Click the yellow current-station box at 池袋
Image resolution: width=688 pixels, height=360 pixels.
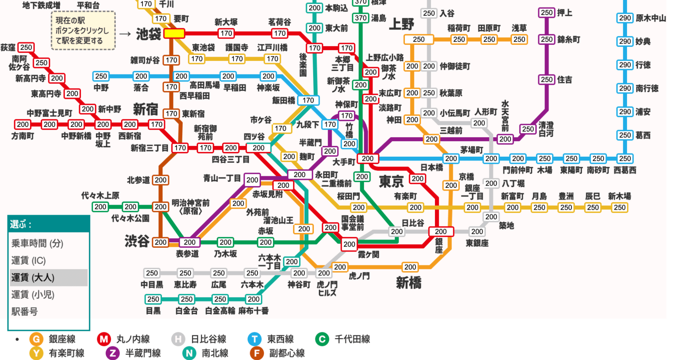[x=174, y=34]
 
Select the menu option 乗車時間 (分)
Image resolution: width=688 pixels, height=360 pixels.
[x=37, y=243]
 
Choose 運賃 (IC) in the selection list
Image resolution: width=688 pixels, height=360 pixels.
[x=29, y=260]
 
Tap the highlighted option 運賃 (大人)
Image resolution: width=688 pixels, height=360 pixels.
[x=33, y=278]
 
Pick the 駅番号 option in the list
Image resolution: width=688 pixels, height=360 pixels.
[x=24, y=312]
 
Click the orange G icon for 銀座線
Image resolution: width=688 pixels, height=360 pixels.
[x=36, y=339]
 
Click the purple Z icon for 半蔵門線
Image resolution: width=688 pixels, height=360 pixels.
[x=113, y=353]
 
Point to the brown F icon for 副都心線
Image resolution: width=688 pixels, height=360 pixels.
[x=257, y=353]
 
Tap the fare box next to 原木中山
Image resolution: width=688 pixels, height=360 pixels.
[x=625, y=18]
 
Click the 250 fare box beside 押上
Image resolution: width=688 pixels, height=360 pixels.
[x=546, y=13]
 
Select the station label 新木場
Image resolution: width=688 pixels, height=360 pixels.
[x=619, y=196]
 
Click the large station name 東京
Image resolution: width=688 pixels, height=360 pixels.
[x=391, y=182]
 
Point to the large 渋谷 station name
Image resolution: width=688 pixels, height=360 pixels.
[x=137, y=241]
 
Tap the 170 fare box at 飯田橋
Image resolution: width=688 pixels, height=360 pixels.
[x=308, y=100]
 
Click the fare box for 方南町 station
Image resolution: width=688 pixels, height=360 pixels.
[x=23, y=124]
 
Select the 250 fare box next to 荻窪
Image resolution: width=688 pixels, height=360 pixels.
[x=26, y=47]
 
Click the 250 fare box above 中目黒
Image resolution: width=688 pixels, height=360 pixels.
[x=152, y=273]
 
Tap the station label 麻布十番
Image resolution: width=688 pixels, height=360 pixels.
[x=253, y=311]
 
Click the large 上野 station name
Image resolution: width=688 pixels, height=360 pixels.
[x=401, y=24]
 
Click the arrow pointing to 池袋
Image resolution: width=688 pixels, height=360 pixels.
[x=125, y=34]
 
